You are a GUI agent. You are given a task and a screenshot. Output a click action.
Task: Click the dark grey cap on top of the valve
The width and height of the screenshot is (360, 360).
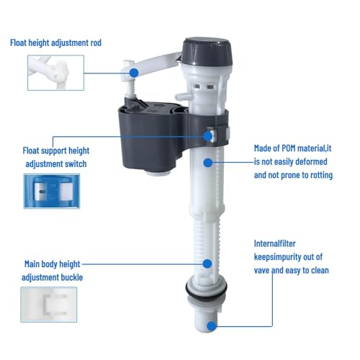pos(207,51)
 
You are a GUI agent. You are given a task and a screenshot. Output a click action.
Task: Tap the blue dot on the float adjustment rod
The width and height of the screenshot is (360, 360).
pos(134,73)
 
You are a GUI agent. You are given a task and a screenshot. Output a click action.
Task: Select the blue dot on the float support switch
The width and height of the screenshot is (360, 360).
pos(208,136)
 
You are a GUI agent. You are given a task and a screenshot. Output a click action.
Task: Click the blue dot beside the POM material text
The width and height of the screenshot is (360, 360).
pos(208,163)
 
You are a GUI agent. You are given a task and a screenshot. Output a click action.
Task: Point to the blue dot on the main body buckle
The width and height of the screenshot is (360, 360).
pos(207,264)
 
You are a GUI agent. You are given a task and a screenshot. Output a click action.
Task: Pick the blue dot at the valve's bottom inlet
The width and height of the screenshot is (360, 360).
pos(211,326)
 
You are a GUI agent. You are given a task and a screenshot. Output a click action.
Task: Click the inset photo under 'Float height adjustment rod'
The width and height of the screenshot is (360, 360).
pos(55,73)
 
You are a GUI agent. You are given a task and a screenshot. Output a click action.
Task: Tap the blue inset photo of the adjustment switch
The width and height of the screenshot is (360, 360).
pos(52,191)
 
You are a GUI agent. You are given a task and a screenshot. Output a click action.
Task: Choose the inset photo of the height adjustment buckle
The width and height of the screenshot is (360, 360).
pos(49,305)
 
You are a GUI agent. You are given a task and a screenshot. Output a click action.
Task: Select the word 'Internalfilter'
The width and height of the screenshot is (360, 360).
pos(275,243)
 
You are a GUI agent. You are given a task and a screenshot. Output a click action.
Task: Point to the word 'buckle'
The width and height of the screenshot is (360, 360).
pos(72,277)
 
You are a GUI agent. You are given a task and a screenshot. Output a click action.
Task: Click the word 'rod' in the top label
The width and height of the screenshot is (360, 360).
pos(96,42)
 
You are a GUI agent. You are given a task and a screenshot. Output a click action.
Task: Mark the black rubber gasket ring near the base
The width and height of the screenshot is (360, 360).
pos(206,290)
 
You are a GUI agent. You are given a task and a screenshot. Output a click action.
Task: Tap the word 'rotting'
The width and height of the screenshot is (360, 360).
pos(322,176)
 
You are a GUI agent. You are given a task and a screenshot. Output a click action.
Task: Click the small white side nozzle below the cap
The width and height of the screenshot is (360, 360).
pos(184,96)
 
